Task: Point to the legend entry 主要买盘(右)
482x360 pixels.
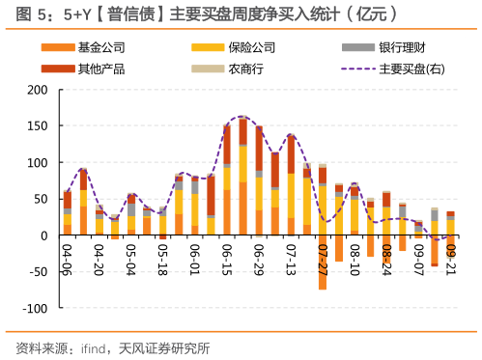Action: pos(395,69)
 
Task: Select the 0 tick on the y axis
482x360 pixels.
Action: pos(43,235)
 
